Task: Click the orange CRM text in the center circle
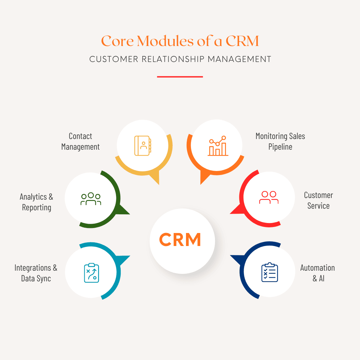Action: click(x=180, y=240)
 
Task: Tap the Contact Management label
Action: click(x=80, y=141)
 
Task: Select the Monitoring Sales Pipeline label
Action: click(x=280, y=141)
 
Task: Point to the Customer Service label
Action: click(x=318, y=200)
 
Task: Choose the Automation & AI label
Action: click(x=317, y=273)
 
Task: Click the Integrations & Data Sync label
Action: click(x=36, y=273)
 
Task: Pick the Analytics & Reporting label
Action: click(x=36, y=202)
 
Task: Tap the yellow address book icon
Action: click(x=143, y=146)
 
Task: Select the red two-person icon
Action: click(x=269, y=198)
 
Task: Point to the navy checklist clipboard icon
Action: click(x=269, y=272)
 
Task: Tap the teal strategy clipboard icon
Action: click(x=91, y=273)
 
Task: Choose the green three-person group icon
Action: click(x=91, y=199)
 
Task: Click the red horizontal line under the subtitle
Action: click(x=180, y=77)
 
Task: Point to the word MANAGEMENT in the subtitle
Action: click(x=239, y=59)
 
